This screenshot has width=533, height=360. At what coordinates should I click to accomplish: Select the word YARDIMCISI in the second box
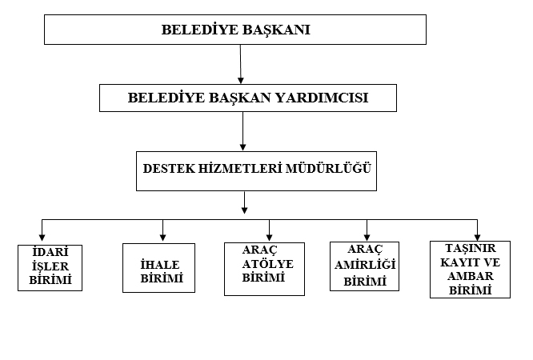coord(322,98)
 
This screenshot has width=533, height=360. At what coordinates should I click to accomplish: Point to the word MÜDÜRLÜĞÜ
coord(328,167)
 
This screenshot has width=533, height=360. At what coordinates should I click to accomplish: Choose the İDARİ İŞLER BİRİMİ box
coord(50,268)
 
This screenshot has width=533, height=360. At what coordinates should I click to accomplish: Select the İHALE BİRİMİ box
coord(158,268)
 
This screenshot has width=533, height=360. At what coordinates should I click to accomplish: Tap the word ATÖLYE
coord(268,264)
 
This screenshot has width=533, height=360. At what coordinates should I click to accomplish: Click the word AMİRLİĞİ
coord(365,265)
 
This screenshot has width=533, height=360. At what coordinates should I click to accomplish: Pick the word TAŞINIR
coord(471,249)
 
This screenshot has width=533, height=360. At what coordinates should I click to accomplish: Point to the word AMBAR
coord(471,276)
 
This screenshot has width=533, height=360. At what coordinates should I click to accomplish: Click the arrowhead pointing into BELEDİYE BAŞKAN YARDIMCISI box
coord(241,80)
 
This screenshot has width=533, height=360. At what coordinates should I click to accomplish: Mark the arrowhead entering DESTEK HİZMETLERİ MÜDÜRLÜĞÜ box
coord(242,147)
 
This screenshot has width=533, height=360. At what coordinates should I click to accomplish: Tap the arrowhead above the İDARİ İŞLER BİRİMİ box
coord(42,238)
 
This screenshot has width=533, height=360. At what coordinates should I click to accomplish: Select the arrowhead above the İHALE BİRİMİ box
coord(162,238)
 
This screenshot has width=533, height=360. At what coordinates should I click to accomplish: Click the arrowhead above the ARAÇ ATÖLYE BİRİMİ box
coord(269,238)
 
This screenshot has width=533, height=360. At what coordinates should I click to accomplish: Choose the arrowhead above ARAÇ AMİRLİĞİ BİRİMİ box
coord(367,237)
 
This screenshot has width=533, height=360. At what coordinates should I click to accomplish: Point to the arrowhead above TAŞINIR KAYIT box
coord(477,238)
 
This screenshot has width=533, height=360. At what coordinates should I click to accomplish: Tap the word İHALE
coord(160,265)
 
